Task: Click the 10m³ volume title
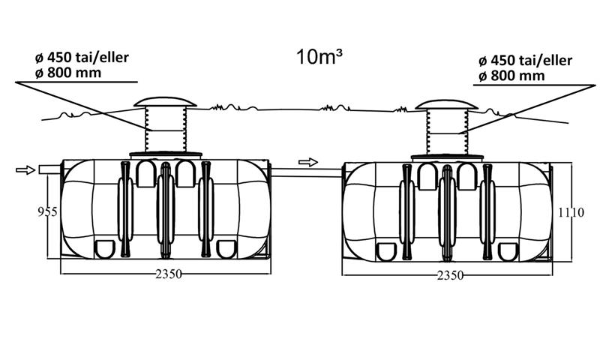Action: [x=319, y=56]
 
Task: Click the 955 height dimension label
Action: [x=47, y=212]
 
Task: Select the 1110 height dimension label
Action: [x=571, y=212]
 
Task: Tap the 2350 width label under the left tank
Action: [x=169, y=274]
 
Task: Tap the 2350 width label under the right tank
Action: [x=450, y=275]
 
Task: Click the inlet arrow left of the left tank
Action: [x=25, y=169]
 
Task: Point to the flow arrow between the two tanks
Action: [x=308, y=162]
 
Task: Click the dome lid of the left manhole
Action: [x=165, y=102]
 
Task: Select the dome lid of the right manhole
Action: [x=446, y=104]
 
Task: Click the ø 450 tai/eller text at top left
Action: [x=82, y=58]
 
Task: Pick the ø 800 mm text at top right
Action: [x=511, y=76]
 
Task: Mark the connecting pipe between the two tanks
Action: [x=307, y=173]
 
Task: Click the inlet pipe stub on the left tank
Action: [x=49, y=169]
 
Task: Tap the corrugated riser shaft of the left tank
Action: [x=165, y=129]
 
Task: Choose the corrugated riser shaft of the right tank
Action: [x=447, y=132]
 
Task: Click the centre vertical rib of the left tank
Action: [x=165, y=210]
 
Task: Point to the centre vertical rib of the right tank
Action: [x=447, y=213]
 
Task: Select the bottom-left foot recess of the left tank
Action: [x=104, y=249]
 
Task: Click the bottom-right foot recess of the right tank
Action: [x=508, y=252]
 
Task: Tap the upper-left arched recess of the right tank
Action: [x=427, y=176]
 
